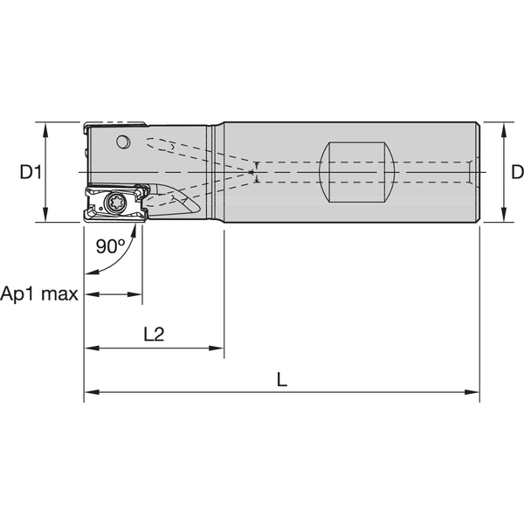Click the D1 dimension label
tap(31, 172)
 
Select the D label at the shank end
tap(516, 172)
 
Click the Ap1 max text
tap(39, 293)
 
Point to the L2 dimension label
tap(153, 334)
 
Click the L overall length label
tap(281, 380)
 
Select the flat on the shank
tap(359, 172)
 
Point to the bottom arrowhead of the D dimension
tap(504, 217)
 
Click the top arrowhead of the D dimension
tap(504, 127)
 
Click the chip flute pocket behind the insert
tap(179, 206)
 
